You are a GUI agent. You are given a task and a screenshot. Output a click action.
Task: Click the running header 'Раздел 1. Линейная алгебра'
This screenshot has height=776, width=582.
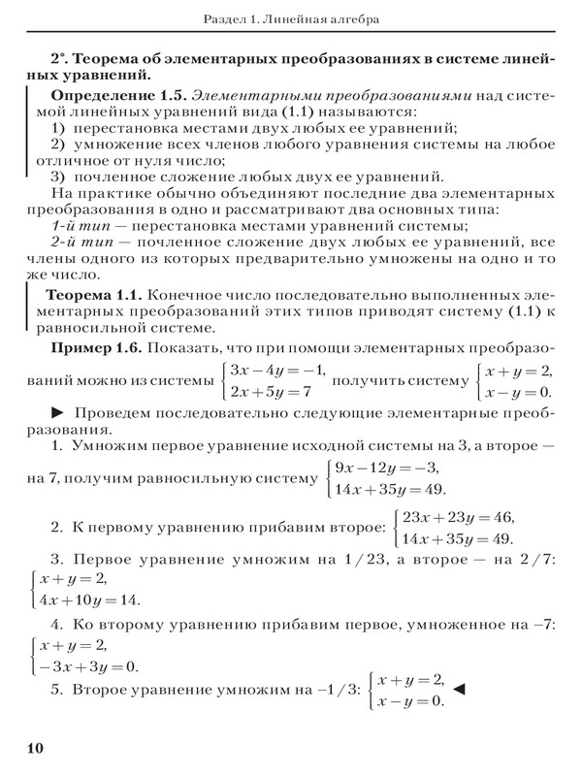click(291, 19)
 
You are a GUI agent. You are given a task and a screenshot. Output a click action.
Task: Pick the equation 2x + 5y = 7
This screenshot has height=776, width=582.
click(271, 393)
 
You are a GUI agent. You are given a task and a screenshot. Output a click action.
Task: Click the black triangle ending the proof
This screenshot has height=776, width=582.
click(461, 690)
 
